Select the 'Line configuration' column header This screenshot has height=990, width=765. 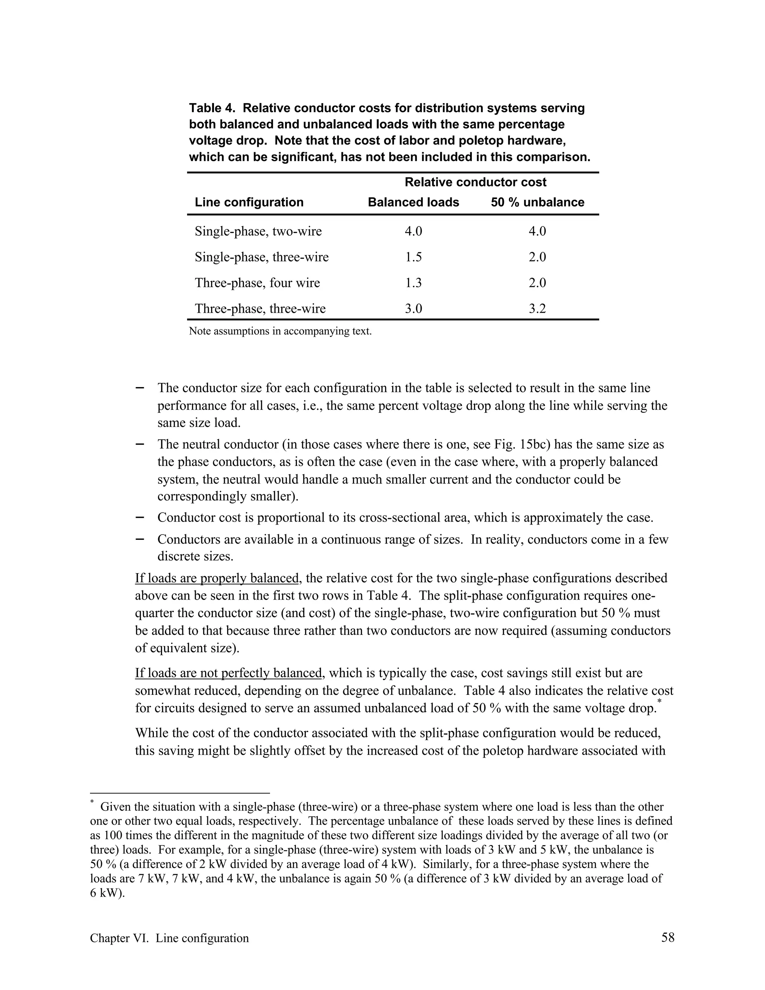pyautogui.click(x=249, y=202)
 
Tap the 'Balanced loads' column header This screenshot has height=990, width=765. pyautogui.click(x=414, y=202)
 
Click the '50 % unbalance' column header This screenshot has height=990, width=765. pyautogui.click(x=538, y=202)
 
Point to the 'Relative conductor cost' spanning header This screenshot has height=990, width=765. pyautogui.click(x=476, y=182)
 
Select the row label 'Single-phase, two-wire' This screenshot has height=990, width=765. pyautogui.click(x=258, y=231)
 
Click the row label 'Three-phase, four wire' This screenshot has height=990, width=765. pyautogui.click(x=257, y=283)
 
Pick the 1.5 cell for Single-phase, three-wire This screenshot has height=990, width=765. pyautogui.click(x=414, y=257)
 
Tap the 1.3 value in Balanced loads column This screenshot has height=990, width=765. pyautogui.click(x=414, y=283)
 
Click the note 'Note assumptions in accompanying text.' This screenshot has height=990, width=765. pyautogui.click(x=280, y=331)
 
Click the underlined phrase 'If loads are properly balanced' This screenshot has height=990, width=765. pyautogui.click(x=217, y=578)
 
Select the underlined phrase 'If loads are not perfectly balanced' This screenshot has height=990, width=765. pyautogui.click(x=228, y=673)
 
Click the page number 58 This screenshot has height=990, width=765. pyautogui.click(x=668, y=937)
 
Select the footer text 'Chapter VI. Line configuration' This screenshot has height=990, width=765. pyautogui.click(x=170, y=938)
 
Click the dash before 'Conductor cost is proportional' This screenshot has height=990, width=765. pyautogui.click(x=140, y=517)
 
